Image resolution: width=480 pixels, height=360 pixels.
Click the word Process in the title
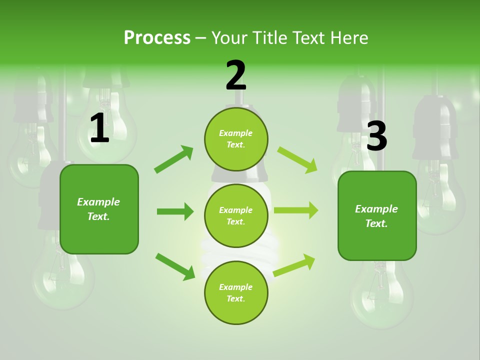coord(157,38)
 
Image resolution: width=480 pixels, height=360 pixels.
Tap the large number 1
coord(99,128)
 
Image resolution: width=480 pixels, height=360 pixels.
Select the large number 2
coord(236,76)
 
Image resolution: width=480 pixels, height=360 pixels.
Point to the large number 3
coord(377,136)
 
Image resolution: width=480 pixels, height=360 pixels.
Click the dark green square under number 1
coord(99,209)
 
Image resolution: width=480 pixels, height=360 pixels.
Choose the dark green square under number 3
coord(377,216)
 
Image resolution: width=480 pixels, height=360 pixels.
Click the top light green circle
coord(236,139)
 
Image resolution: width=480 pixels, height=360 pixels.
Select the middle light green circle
coord(236,216)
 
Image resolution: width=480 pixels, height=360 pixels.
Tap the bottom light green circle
coord(236,293)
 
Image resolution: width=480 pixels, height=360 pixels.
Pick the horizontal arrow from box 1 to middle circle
coord(175,211)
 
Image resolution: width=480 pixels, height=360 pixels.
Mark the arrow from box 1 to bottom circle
coord(175,266)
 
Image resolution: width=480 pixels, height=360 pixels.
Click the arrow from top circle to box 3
coord(297,159)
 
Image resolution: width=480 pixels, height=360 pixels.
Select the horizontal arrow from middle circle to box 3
coord(296,210)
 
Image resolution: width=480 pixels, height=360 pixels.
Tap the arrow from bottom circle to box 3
coord(294,265)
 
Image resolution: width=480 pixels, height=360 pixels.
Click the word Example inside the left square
coord(98,202)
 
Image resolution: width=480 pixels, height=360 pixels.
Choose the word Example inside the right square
coord(376,209)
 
